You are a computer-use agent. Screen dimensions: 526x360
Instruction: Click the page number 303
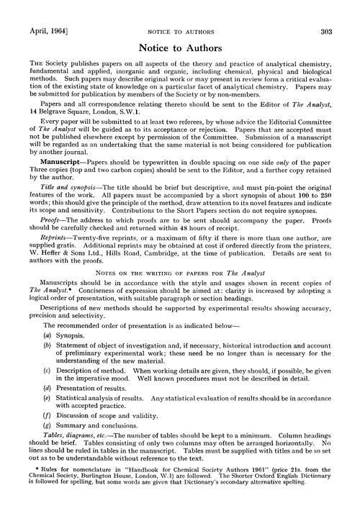(x=343, y=12)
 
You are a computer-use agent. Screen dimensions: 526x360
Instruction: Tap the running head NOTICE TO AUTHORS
(x=179, y=12)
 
